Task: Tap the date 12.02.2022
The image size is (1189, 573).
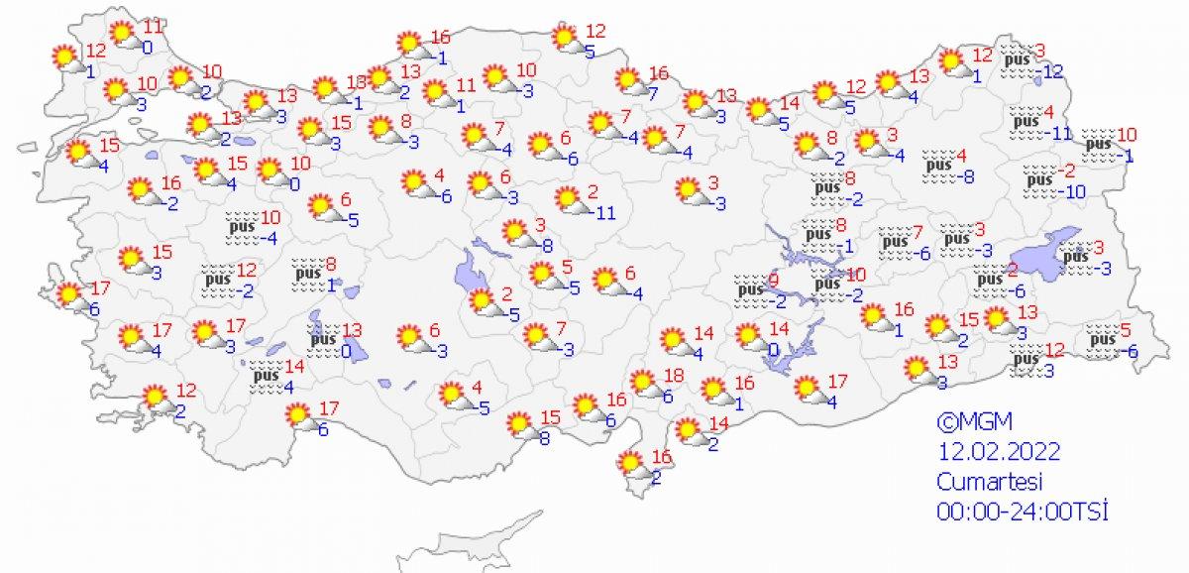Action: pos(1000,452)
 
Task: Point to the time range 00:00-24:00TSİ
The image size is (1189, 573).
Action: pos(1022,511)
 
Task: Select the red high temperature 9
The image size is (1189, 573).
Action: pos(774,282)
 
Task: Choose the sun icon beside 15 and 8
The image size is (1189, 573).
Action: pos(519,425)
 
